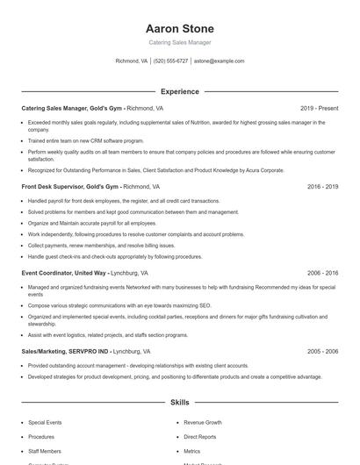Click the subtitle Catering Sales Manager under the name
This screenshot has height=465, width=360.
click(179, 42)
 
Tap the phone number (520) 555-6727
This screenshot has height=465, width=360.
click(170, 61)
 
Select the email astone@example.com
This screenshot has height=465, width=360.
click(219, 61)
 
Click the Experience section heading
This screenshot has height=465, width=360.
click(179, 91)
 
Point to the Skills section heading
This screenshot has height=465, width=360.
click(179, 403)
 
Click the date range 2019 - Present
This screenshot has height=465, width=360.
click(319, 109)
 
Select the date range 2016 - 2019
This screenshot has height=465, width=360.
click(322, 187)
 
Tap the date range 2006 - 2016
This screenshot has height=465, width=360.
click(322, 274)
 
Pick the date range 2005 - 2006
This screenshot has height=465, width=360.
click(322, 351)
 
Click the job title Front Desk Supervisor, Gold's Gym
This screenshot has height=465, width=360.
click(70, 187)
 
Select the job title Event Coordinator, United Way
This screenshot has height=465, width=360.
click(63, 274)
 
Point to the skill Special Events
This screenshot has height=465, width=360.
click(44, 422)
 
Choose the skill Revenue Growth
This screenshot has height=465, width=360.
click(203, 422)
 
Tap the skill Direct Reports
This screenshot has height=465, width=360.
click(200, 436)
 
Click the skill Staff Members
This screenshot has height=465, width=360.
click(45, 450)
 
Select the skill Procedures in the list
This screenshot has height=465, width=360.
click(41, 436)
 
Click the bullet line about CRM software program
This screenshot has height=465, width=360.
click(85, 140)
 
